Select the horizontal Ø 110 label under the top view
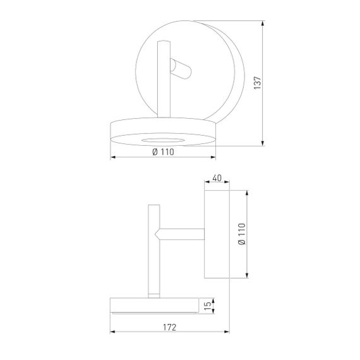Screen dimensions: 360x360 pyautogui.click(x=163, y=152)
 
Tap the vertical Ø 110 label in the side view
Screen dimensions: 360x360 pyautogui.click(x=241, y=233)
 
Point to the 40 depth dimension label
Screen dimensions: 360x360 pyautogui.click(x=217, y=179)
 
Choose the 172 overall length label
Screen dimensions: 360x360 pyautogui.click(x=169, y=327)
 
